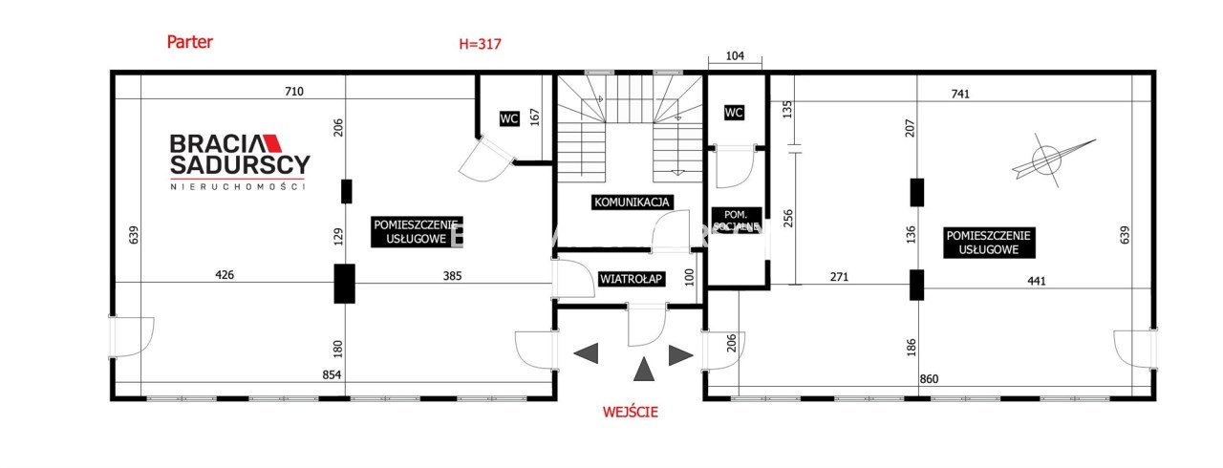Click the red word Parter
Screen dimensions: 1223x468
(189, 42)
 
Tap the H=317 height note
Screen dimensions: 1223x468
(480, 44)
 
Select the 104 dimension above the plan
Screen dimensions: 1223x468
(735, 55)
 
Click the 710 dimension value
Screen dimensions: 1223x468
(293, 91)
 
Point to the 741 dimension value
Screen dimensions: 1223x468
(960, 94)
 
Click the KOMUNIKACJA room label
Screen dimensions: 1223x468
(632, 202)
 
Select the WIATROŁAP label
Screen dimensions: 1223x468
(632, 279)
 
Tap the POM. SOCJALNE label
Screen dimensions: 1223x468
(736, 220)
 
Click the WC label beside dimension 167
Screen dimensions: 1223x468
(509, 118)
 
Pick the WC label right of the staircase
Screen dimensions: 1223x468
(733, 113)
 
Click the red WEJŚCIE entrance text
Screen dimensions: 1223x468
(630, 412)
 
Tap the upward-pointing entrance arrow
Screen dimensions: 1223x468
(644, 369)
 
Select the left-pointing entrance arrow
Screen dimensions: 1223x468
(586, 353)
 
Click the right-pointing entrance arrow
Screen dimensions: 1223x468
(681, 355)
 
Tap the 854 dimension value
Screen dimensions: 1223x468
(332, 374)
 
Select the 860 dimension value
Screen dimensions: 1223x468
(929, 378)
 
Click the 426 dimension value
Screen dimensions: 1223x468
(225, 275)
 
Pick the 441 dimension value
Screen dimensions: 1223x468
(1037, 281)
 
